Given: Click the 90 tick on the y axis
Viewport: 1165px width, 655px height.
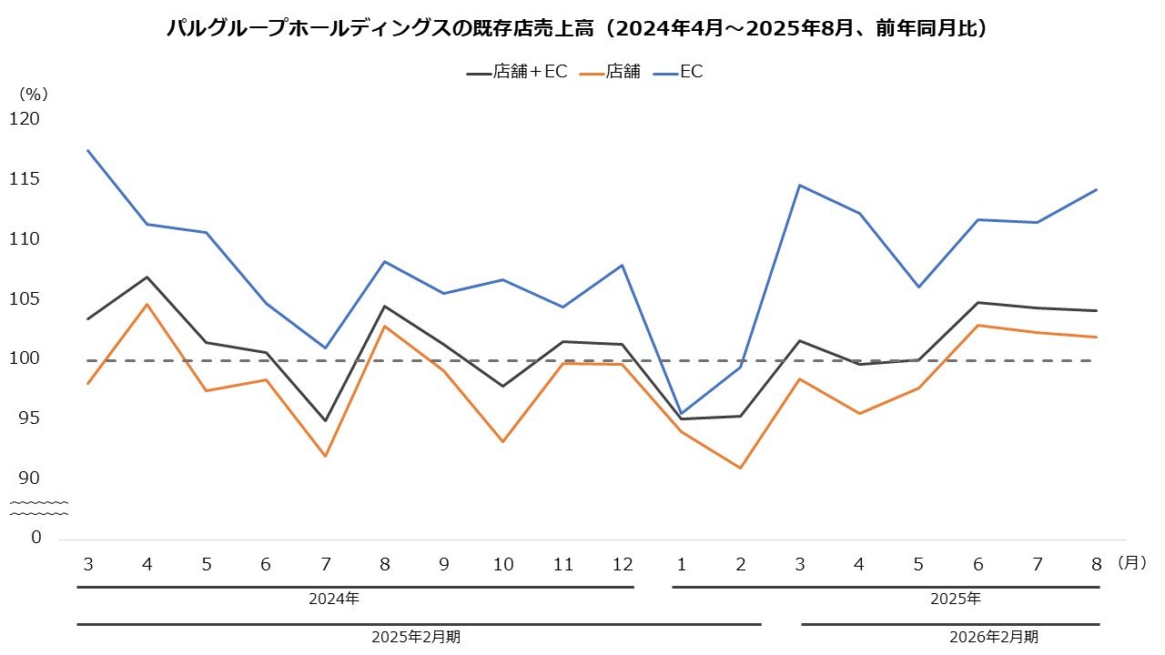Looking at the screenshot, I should click(x=30, y=479).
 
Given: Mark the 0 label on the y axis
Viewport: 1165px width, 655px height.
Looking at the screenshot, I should click(x=36, y=538).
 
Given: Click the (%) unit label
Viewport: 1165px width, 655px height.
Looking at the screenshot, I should click(x=33, y=93).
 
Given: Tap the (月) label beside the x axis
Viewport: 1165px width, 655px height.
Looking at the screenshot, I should click(x=1132, y=564).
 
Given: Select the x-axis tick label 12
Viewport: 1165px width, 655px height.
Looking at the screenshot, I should click(x=623, y=565).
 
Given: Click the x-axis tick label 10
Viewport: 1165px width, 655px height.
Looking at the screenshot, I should click(x=503, y=565).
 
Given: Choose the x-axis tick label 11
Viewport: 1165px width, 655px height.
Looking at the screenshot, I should click(x=562, y=565).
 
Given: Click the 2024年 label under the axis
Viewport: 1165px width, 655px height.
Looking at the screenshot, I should click(x=333, y=600).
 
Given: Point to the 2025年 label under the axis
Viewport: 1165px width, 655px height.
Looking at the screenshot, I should click(x=955, y=600).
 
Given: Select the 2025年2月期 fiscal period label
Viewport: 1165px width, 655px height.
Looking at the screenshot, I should click(x=416, y=637).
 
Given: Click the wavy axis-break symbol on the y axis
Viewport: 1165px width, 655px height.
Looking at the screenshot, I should click(x=38, y=508).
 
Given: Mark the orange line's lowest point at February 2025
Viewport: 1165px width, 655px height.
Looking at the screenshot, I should click(x=741, y=468).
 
